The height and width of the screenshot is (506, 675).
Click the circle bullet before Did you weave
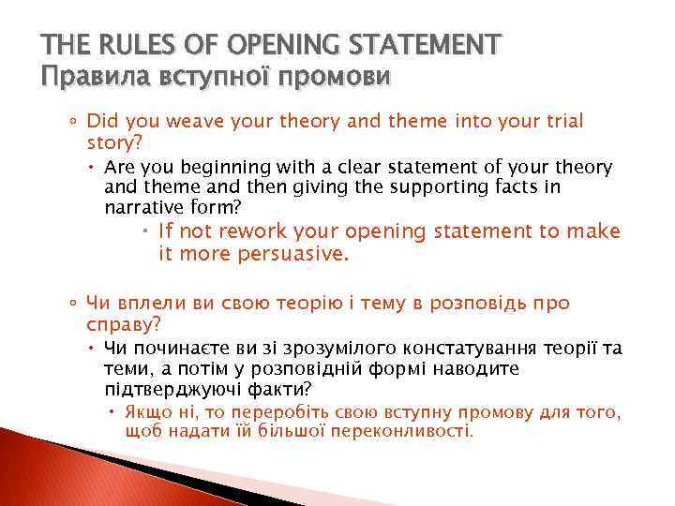(x=74, y=122)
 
